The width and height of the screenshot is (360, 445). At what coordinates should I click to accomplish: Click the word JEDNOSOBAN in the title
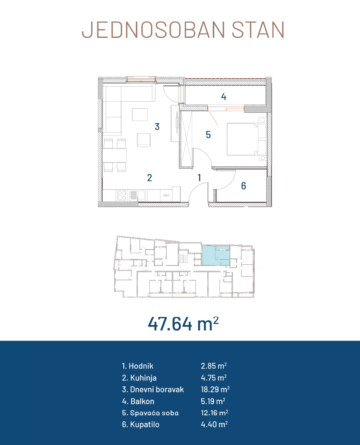tap(153, 30)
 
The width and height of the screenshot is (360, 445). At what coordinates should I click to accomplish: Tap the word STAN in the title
tap(258, 30)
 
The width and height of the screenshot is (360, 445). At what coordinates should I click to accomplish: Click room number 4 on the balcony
tap(223, 97)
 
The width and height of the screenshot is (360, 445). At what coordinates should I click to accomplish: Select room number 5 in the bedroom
tap(208, 135)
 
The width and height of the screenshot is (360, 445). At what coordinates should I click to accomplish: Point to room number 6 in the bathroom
tap(244, 186)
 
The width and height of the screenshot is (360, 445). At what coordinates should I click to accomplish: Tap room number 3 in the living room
tap(157, 126)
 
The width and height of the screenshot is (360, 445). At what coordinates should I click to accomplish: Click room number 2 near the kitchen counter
tap(149, 178)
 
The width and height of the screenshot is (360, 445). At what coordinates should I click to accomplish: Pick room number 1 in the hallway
tap(199, 178)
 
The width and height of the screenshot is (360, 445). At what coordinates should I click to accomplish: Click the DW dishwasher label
tap(166, 195)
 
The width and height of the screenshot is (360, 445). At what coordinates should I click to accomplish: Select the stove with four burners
tap(122, 195)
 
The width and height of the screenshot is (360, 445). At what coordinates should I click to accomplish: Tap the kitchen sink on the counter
tap(137, 195)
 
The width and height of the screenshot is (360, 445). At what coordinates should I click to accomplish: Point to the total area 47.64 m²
tap(183, 324)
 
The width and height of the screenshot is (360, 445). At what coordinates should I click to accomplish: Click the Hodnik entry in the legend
tap(137, 366)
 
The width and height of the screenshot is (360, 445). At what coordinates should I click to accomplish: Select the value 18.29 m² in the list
tap(215, 389)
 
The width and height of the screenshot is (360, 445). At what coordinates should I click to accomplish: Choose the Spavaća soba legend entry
tap(150, 412)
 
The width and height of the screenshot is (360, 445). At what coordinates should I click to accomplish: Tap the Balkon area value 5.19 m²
tap(213, 401)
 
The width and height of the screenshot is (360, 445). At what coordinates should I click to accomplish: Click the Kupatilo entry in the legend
tap(141, 424)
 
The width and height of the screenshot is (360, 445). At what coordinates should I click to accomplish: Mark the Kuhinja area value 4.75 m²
tap(214, 378)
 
